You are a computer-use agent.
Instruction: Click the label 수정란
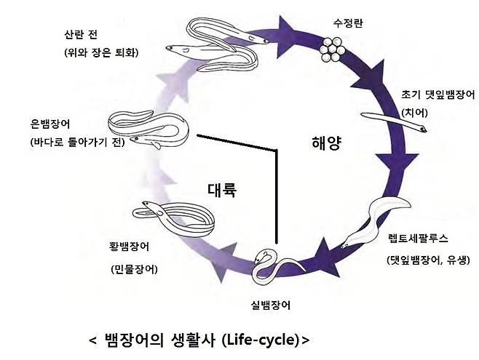point(348,23)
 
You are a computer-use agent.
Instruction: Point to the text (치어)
point(413,113)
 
